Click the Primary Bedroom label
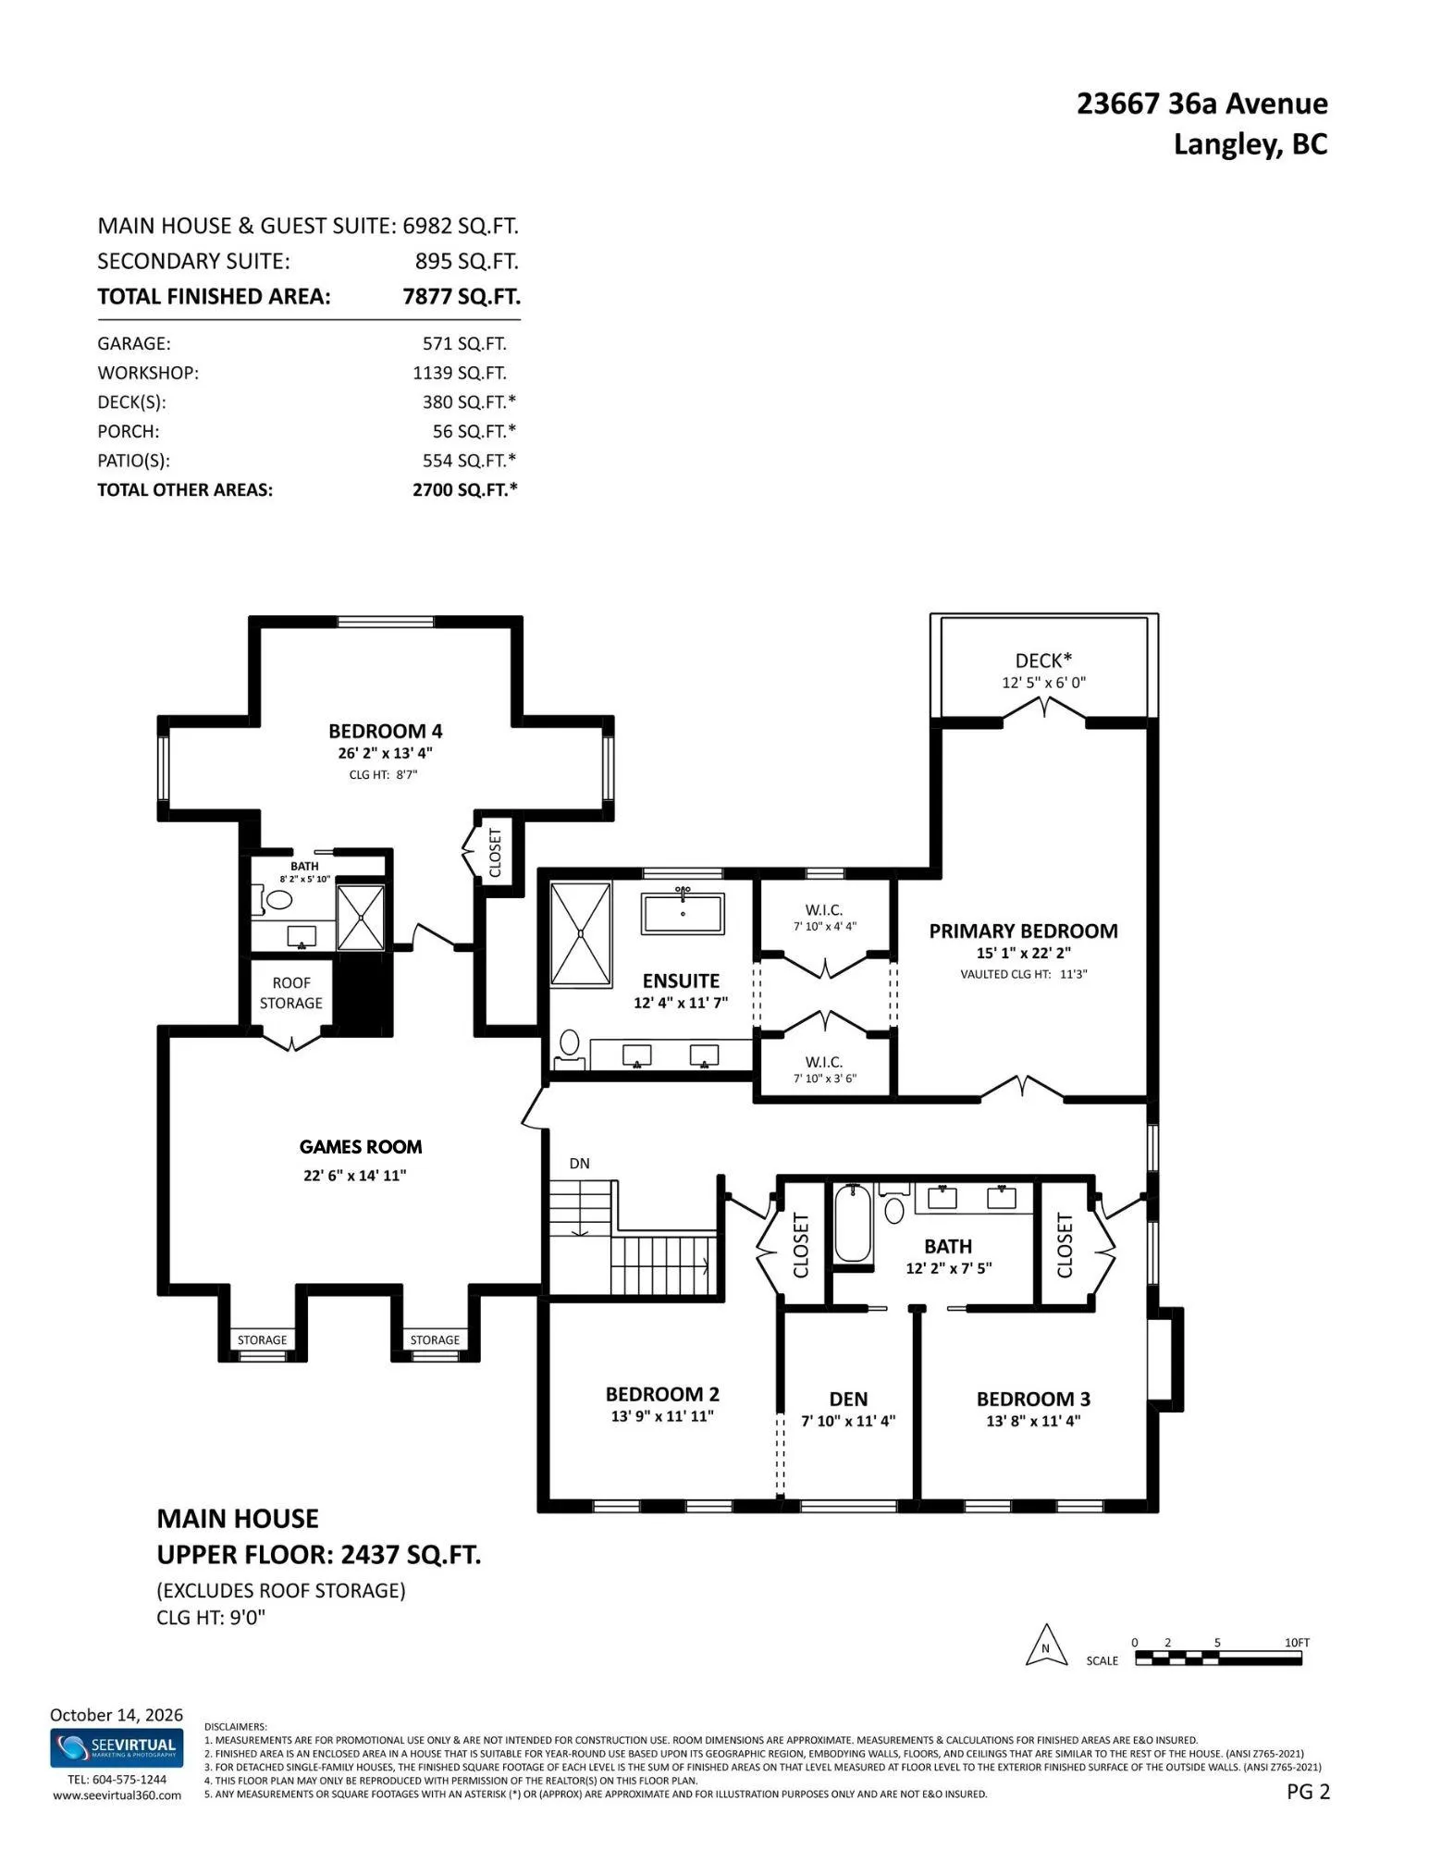[1023, 931]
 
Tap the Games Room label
[361, 1147]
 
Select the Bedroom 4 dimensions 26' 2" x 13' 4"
[385, 753]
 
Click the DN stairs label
[579, 1164]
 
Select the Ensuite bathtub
[684, 913]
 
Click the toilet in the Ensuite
[570, 1048]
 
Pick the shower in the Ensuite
[581, 934]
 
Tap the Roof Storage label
[291, 993]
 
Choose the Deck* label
[1043, 660]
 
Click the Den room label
[848, 1400]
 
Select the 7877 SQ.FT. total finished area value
[462, 297]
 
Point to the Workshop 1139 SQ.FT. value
[460, 373]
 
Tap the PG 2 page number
[1308, 1792]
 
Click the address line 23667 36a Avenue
[1201, 104]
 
